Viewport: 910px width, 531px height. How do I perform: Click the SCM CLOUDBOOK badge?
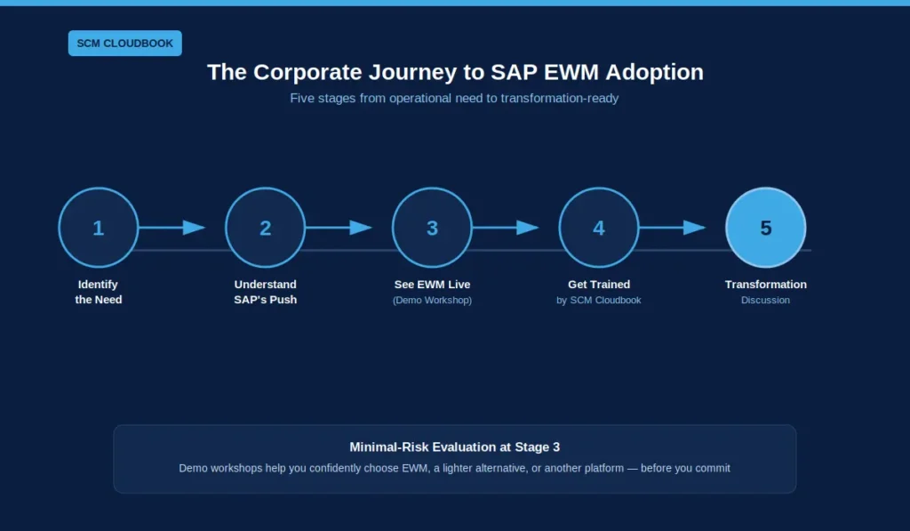coord(124,43)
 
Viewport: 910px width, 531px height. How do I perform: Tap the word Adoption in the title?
coord(655,73)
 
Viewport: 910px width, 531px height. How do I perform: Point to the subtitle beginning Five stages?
coord(454,98)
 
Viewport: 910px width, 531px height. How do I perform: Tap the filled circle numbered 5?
coord(766,227)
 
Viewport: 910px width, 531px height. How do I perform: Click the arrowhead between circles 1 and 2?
coord(194,227)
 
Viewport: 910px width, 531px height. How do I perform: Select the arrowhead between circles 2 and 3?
coord(361,227)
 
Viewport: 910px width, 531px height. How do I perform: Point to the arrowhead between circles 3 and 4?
coord(528,227)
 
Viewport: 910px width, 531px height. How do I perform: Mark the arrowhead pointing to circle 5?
coord(694,227)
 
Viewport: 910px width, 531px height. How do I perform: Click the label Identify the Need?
coord(99,293)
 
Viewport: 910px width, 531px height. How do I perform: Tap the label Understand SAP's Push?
coord(265,293)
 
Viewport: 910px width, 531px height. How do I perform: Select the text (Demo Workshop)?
coord(433,301)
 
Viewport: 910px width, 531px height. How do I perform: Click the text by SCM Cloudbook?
coord(599,301)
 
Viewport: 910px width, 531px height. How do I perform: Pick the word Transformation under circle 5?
coord(766,285)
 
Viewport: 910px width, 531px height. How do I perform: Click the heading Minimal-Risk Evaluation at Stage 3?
coord(454,447)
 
